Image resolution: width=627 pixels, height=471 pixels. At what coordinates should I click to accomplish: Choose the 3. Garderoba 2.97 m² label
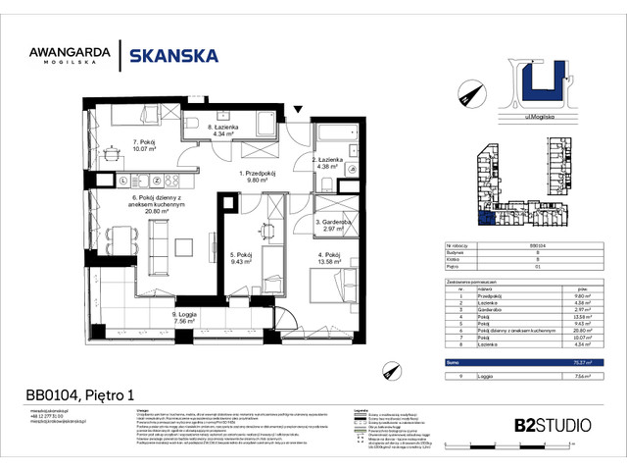[x=334, y=225]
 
